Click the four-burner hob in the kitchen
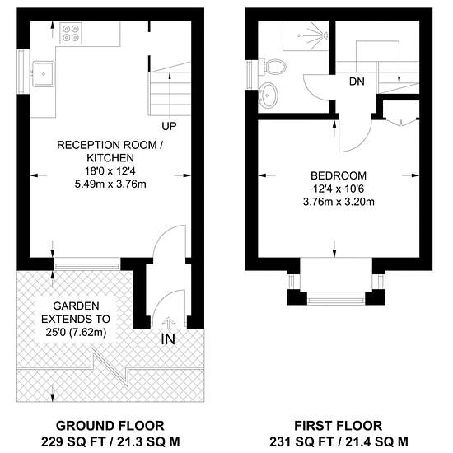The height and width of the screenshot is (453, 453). pyautogui.click(x=71, y=33)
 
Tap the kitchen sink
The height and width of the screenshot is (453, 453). pyautogui.click(x=44, y=74)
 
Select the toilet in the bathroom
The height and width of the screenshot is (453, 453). pyautogui.click(x=272, y=67)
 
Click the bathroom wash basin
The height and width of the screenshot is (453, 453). pyautogui.click(x=269, y=96)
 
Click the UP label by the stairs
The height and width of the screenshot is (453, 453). pyautogui.click(x=169, y=126)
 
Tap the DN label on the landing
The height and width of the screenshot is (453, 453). pyautogui.click(x=357, y=82)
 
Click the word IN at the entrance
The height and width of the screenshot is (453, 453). pyautogui.click(x=168, y=339)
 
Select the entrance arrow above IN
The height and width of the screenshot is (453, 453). pyautogui.click(x=168, y=323)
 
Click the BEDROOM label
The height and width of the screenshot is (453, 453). pyautogui.click(x=339, y=175)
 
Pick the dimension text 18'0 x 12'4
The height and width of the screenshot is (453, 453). pyautogui.click(x=110, y=171)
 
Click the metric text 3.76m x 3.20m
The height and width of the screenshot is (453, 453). pyautogui.click(x=339, y=202)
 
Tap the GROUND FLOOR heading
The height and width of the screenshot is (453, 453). pyautogui.click(x=110, y=426)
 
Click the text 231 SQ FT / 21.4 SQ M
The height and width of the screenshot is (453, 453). pyautogui.click(x=339, y=441)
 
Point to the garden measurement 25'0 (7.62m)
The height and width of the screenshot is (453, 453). pyautogui.click(x=76, y=332)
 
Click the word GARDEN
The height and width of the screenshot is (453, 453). pyautogui.click(x=77, y=306)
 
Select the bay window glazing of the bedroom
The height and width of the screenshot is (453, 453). pyautogui.click(x=336, y=301)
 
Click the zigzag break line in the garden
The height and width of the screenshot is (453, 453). pyautogui.click(x=110, y=367)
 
